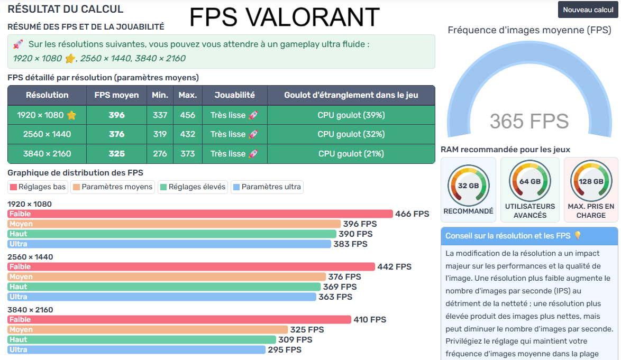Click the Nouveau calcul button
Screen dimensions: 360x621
[x=588, y=10]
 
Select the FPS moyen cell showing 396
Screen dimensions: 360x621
[x=116, y=115]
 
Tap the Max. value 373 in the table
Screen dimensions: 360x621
[x=187, y=154]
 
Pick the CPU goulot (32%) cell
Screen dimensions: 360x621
[x=351, y=134]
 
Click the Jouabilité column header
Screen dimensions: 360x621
[x=234, y=95]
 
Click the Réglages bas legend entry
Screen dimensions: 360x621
[x=38, y=187]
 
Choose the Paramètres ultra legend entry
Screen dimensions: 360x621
[x=267, y=187]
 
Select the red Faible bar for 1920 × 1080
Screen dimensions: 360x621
[x=200, y=214]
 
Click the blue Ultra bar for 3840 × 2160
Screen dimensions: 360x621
[x=136, y=349]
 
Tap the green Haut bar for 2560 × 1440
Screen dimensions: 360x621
[x=164, y=287]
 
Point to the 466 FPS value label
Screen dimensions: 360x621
[x=412, y=214]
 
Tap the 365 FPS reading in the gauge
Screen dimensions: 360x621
[x=528, y=122]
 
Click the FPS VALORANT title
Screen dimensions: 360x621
[x=284, y=17]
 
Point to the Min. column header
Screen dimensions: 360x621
[x=160, y=95]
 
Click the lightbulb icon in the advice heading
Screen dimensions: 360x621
[x=578, y=236]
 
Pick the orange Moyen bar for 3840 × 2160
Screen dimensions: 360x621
[x=148, y=329]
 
